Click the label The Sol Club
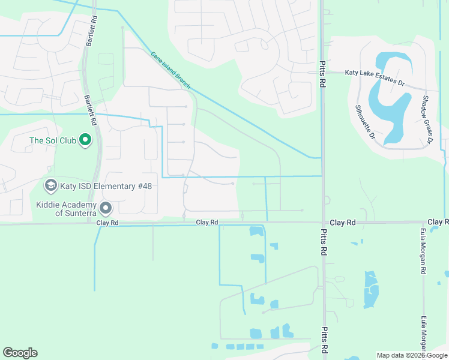[x=53, y=141]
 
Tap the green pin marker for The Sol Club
[x=85, y=140]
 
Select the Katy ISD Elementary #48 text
[x=106, y=186]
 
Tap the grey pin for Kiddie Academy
[x=106, y=209]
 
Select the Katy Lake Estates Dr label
[x=375, y=73]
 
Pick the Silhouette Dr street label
[x=364, y=122]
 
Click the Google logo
[x=20, y=352]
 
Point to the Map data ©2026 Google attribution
[x=412, y=355]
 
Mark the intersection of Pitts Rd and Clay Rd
[x=323, y=222]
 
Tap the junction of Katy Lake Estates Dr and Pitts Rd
[x=322, y=72]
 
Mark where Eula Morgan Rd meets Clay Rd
[x=423, y=222]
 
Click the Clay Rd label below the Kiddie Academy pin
[x=107, y=223]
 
